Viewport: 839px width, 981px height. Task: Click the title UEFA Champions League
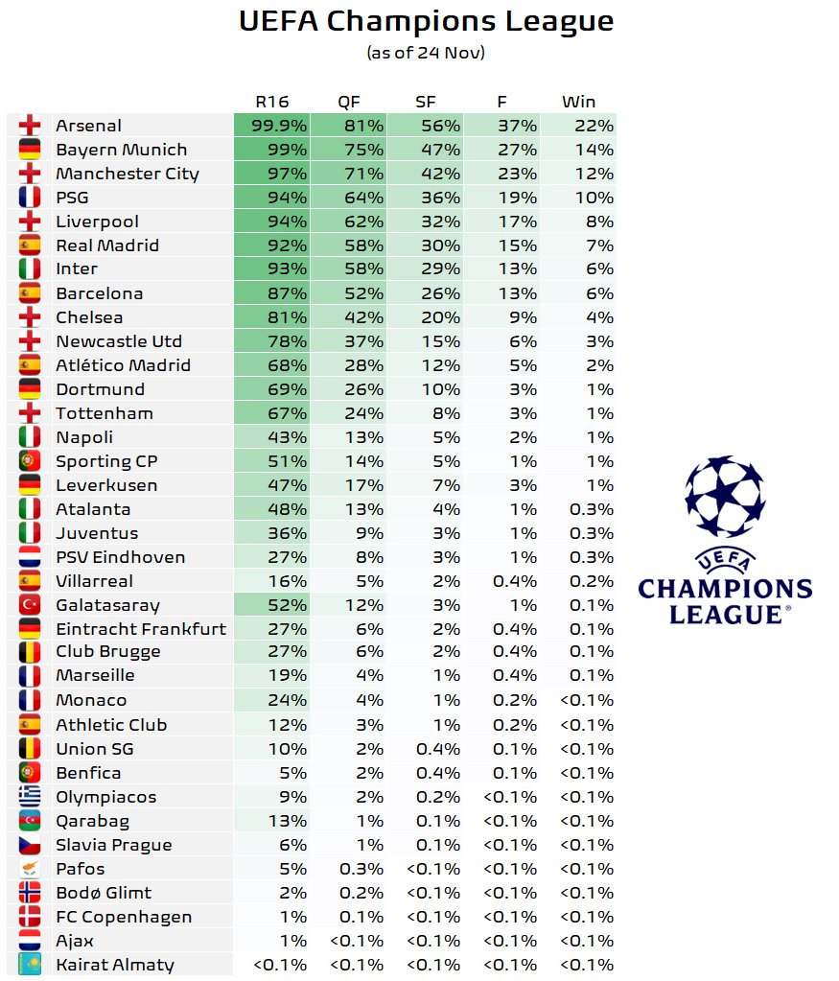click(426, 21)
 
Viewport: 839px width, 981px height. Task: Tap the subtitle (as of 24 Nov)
click(426, 53)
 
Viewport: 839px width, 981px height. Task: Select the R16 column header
click(271, 102)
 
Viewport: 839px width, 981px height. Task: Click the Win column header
click(578, 102)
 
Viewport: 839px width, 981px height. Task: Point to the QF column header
click(349, 102)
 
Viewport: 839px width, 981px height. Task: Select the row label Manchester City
click(128, 174)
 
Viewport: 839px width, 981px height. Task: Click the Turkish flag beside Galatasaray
click(30, 605)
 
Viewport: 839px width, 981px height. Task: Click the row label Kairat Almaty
click(115, 965)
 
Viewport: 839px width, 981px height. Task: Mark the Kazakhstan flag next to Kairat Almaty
click(30, 965)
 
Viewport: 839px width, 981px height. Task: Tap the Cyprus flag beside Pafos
click(30, 869)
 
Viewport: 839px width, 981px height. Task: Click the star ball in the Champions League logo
click(725, 496)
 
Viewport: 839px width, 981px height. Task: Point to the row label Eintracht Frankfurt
click(141, 629)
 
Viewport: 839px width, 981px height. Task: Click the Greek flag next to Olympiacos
click(30, 797)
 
